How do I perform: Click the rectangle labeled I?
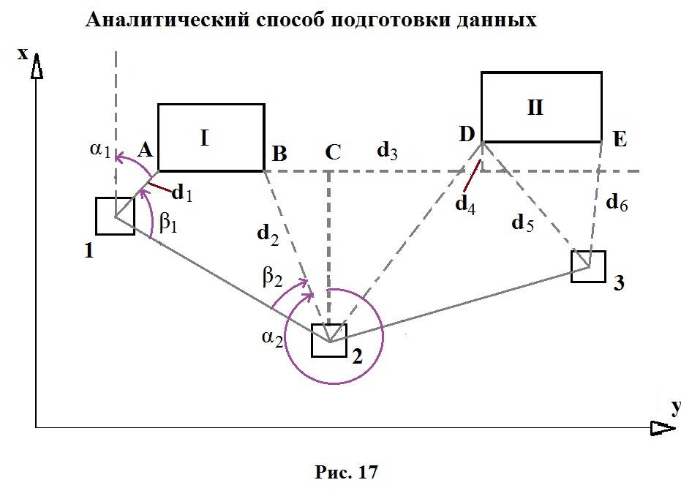point(211,138)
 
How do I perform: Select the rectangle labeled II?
point(541,107)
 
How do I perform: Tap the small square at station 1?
point(115,216)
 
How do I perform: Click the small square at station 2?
point(329,340)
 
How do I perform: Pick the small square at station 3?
point(588,266)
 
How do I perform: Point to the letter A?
point(144,150)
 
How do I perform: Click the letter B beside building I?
point(279,154)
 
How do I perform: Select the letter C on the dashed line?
point(332,152)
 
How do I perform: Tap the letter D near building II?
point(467,133)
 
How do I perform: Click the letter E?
point(620,139)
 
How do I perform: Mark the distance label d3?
point(387,152)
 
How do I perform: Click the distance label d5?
point(522,223)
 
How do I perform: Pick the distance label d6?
point(617,204)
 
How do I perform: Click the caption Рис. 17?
point(345,473)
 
